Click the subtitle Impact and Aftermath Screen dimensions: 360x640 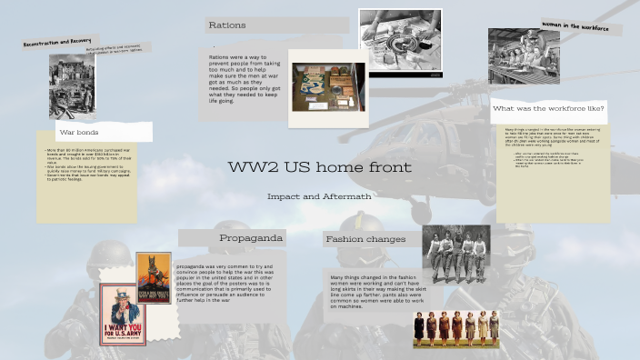click(x=318, y=196)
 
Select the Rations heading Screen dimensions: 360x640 click(x=227, y=25)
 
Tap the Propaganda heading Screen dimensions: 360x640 click(x=251, y=238)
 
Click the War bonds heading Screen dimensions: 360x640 click(x=78, y=133)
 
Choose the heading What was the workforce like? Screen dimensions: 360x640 click(x=548, y=108)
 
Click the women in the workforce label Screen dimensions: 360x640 click(x=575, y=26)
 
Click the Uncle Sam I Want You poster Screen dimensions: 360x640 click(x=123, y=315)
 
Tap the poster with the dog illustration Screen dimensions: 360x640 click(x=154, y=278)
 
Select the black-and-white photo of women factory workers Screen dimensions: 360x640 click(x=523, y=56)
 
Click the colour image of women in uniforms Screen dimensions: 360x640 click(x=455, y=329)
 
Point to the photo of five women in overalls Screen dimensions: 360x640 click(x=455, y=254)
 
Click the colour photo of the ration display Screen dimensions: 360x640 click(x=328, y=88)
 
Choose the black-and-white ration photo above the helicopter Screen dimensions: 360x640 click(x=399, y=40)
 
